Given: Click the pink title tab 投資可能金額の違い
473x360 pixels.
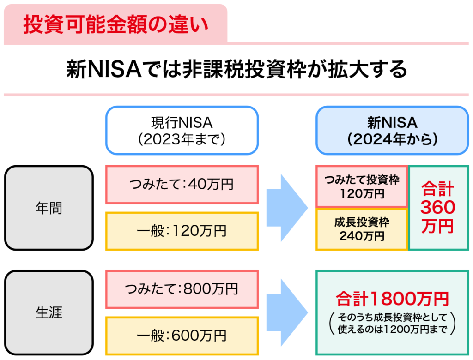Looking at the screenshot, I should click(x=115, y=24).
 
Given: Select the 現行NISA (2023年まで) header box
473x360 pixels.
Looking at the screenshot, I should click(x=182, y=130).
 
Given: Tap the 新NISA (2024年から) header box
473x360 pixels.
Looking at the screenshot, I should click(x=392, y=130).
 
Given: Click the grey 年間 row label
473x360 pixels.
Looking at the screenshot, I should click(x=49, y=208).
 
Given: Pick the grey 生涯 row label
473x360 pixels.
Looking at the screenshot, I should click(x=49, y=312).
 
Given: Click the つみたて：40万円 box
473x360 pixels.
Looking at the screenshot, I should click(x=182, y=185).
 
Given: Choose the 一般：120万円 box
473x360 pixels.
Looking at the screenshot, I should click(x=182, y=231).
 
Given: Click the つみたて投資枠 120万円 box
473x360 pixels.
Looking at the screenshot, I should click(x=362, y=186).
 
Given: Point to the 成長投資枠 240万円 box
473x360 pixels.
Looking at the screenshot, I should click(x=362, y=229).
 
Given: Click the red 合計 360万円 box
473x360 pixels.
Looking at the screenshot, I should click(x=438, y=208).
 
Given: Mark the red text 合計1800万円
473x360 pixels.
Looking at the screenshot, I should click(x=392, y=299).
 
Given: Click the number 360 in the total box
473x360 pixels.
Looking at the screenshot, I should click(x=438, y=208).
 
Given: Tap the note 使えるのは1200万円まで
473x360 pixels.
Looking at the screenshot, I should click(x=392, y=330).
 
